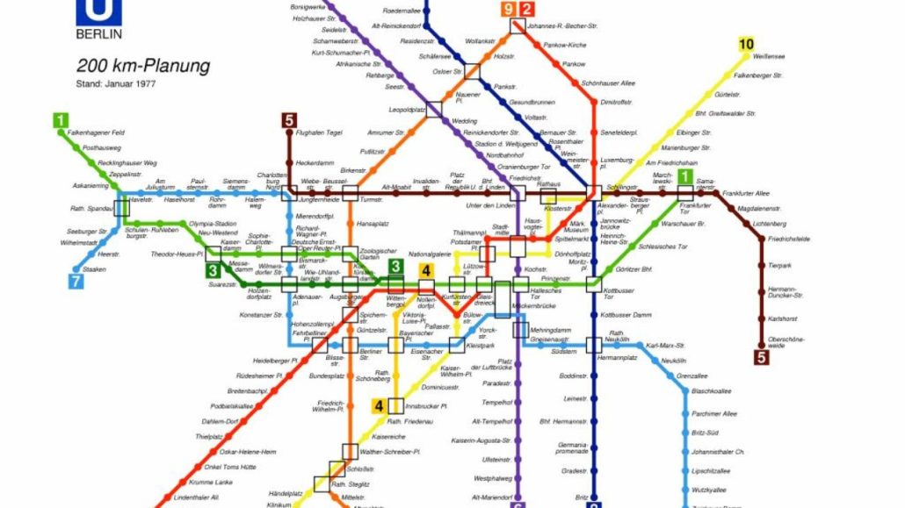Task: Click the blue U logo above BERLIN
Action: click(x=98, y=11)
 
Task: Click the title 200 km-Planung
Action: click(x=142, y=66)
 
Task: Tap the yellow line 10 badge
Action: click(x=746, y=44)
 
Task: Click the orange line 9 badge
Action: click(x=509, y=10)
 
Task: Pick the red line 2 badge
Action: click(x=526, y=10)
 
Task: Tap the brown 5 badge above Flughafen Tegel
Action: click(x=289, y=120)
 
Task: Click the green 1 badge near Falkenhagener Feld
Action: click(x=61, y=120)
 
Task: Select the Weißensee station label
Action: click(x=769, y=56)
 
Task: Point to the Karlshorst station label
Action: click(x=782, y=318)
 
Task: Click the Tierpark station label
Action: click(x=779, y=265)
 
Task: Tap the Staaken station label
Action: click(x=94, y=269)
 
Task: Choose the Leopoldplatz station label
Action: click(x=407, y=110)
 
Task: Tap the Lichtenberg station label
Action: click(x=770, y=224)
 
